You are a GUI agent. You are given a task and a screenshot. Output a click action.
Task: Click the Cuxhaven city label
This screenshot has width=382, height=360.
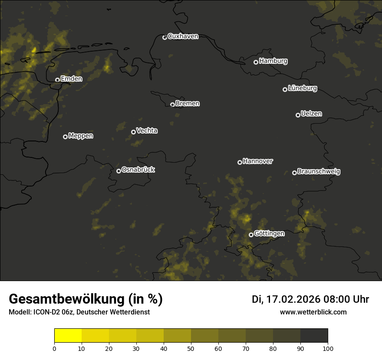tap(183, 36)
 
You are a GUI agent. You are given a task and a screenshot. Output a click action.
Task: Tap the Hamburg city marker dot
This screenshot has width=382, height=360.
tap(256, 62)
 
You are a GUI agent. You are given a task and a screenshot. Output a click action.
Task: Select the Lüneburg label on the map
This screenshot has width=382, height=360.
tap(302, 88)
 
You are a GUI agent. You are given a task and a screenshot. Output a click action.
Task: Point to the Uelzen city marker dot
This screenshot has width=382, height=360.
tap(298, 115)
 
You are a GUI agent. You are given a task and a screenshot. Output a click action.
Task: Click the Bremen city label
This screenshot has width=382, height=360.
tap(188, 104)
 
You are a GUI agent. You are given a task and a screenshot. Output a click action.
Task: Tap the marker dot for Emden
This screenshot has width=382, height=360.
tap(57, 80)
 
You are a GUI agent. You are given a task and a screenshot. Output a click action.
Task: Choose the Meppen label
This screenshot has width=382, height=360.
tap(81, 136)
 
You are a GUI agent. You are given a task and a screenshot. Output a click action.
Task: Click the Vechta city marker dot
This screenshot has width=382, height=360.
tap(133, 132)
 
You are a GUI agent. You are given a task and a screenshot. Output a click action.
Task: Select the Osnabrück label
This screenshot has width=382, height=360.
tap(138, 170)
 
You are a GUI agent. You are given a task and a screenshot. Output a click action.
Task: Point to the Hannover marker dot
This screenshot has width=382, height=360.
tap(240, 162)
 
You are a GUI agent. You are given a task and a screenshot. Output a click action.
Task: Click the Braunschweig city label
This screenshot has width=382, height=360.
tap(319, 171)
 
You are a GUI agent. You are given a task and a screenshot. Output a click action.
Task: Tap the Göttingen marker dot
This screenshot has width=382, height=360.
tap(251, 235)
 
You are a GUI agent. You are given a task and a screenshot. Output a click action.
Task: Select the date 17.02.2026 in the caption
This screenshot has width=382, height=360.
tap(293, 299)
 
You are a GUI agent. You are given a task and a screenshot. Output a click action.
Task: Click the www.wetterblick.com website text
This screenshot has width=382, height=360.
tap(313, 312)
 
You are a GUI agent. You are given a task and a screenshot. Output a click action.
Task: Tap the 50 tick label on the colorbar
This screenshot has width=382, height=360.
tap(191, 348)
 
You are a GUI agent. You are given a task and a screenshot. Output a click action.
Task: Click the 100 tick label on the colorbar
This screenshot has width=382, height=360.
tap(328, 348)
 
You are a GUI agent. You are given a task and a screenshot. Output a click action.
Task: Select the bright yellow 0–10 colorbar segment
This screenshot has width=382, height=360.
tap(68, 336)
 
